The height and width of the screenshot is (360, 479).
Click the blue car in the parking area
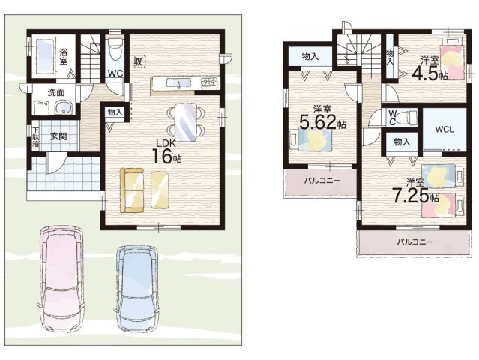[137, 289]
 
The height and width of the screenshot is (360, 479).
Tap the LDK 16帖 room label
[167, 152]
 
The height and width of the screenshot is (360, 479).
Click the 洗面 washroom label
[55, 92]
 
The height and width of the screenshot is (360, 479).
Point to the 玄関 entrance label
[58, 136]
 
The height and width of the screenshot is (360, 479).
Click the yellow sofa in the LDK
[132, 190]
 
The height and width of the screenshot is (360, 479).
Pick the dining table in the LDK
[185, 122]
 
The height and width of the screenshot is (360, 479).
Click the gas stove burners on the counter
[210, 82]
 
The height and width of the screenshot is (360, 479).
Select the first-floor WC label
[115, 73]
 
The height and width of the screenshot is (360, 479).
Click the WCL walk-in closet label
[445, 129]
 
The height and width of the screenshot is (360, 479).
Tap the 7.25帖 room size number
[415, 196]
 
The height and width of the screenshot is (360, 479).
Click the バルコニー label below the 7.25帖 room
[415, 242]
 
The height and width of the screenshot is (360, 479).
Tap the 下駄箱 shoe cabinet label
[36, 136]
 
